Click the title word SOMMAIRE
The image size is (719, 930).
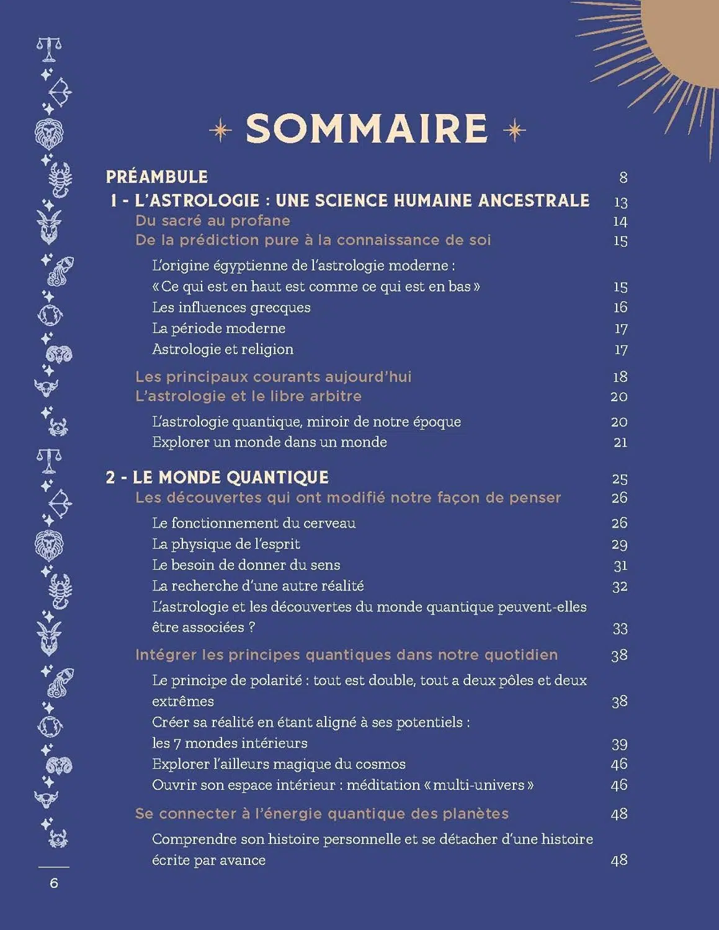pos(367,129)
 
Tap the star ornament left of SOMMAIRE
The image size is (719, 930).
pos(220,130)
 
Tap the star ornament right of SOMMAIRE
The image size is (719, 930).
pos(514,130)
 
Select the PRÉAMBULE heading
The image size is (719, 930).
pos(157,177)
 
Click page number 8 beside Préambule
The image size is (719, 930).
pos(623,178)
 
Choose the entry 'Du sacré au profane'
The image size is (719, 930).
pos(213,221)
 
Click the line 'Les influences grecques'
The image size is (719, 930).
pos(231,308)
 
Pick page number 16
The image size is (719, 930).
pos(620,308)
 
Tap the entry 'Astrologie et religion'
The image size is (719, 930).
pos(223,349)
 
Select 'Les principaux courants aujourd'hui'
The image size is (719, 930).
pos(274,377)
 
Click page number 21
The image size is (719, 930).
pos(620,443)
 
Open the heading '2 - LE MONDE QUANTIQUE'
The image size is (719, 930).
pos(217,477)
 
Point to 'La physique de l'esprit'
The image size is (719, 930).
pos(226,544)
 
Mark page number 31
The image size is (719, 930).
pos(620,565)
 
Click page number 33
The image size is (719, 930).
pos(620,629)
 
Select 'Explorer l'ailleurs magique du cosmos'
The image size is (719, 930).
pos(279,764)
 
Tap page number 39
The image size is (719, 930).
pos(619,744)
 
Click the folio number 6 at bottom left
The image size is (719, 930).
pos(54,883)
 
